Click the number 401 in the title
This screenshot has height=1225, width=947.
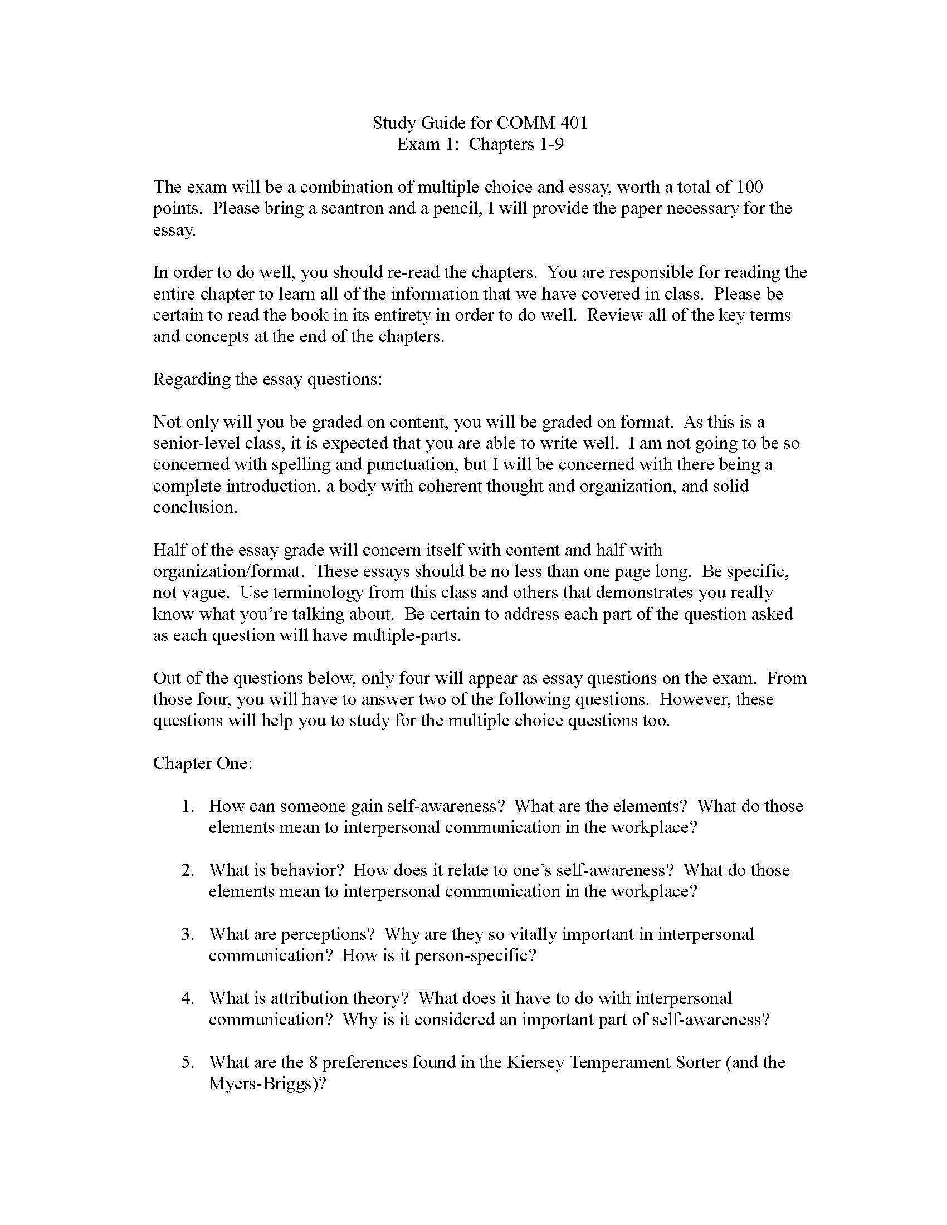(x=572, y=123)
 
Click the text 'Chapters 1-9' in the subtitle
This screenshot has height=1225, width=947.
(x=516, y=144)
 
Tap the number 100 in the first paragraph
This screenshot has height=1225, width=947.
(x=749, y=187)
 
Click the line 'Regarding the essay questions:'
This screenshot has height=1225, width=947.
(x=267, y=379)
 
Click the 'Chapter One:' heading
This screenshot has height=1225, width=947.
(x=203, y=763)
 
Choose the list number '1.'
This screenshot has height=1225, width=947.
(x=187, y=806)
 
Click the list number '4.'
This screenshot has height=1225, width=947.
(x=187, y=998)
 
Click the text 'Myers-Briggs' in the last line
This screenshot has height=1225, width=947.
(x=263, y=1083)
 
